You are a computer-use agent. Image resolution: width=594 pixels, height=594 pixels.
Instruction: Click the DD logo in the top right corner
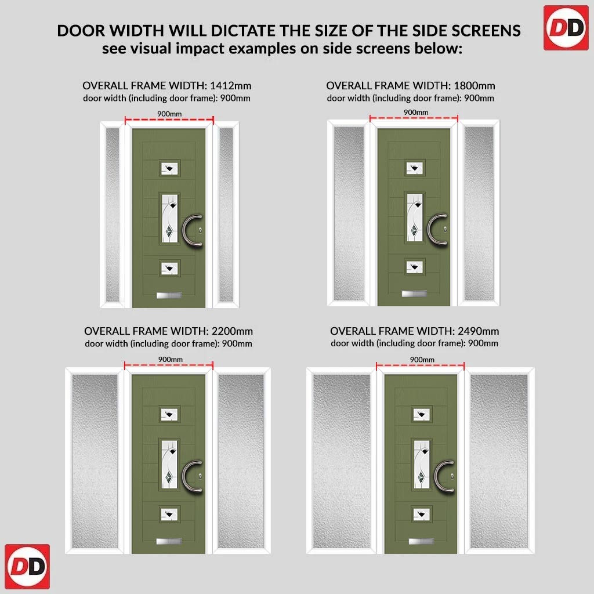coord(566,28)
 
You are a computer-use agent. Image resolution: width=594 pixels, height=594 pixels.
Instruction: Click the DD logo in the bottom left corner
coord(27,566)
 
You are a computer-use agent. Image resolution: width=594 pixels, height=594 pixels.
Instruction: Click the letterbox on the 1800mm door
coord(414,294)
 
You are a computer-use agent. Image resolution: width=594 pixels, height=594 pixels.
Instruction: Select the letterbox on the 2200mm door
coord(169,541)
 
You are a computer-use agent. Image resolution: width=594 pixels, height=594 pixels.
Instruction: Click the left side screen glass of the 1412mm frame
coord(113,215)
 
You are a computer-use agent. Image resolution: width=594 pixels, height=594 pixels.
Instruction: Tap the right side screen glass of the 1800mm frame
coord(479,213)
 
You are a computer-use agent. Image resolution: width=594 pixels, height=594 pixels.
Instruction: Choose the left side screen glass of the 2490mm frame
coord(342,461)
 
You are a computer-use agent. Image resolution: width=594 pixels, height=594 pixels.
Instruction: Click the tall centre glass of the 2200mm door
coord(169,465)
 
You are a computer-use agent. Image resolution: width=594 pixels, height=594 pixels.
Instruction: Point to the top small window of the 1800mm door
coord(414,168)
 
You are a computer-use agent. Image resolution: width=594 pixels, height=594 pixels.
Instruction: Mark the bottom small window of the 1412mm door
coord(169,269)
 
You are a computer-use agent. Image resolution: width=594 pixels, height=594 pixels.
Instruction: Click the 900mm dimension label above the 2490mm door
coord(422,360)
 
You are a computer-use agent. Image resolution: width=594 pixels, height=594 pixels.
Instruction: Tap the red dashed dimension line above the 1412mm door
coord(169,120)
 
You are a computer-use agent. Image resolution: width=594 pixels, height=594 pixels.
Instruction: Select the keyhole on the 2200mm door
coord(200,476)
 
